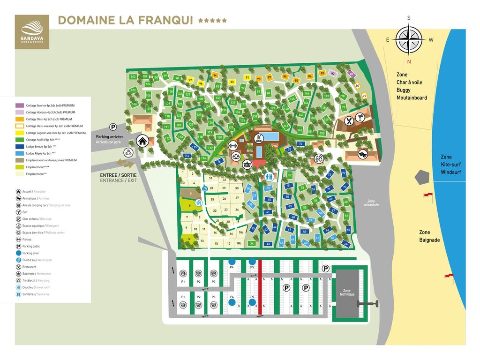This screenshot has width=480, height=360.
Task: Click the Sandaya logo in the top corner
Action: coord(31,31)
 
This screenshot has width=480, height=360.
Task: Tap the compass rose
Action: coord(409,39)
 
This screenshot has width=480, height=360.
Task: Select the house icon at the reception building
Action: coord(142,140)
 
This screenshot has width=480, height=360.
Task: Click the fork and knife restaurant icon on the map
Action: coord(349,121)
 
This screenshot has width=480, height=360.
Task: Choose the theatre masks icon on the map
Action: coord(362,153)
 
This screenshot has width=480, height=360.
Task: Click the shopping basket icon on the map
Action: coord(247,164)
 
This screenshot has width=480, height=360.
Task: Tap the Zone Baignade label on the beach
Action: coord(429,236)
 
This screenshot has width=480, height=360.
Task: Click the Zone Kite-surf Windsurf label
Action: coord(450,165)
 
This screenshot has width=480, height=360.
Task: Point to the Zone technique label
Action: coord(347,292)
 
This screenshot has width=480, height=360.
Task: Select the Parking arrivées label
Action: coord(109,137)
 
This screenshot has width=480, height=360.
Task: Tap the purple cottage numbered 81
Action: coord(351,74)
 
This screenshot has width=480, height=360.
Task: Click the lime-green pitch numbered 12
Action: coord(188,239)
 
